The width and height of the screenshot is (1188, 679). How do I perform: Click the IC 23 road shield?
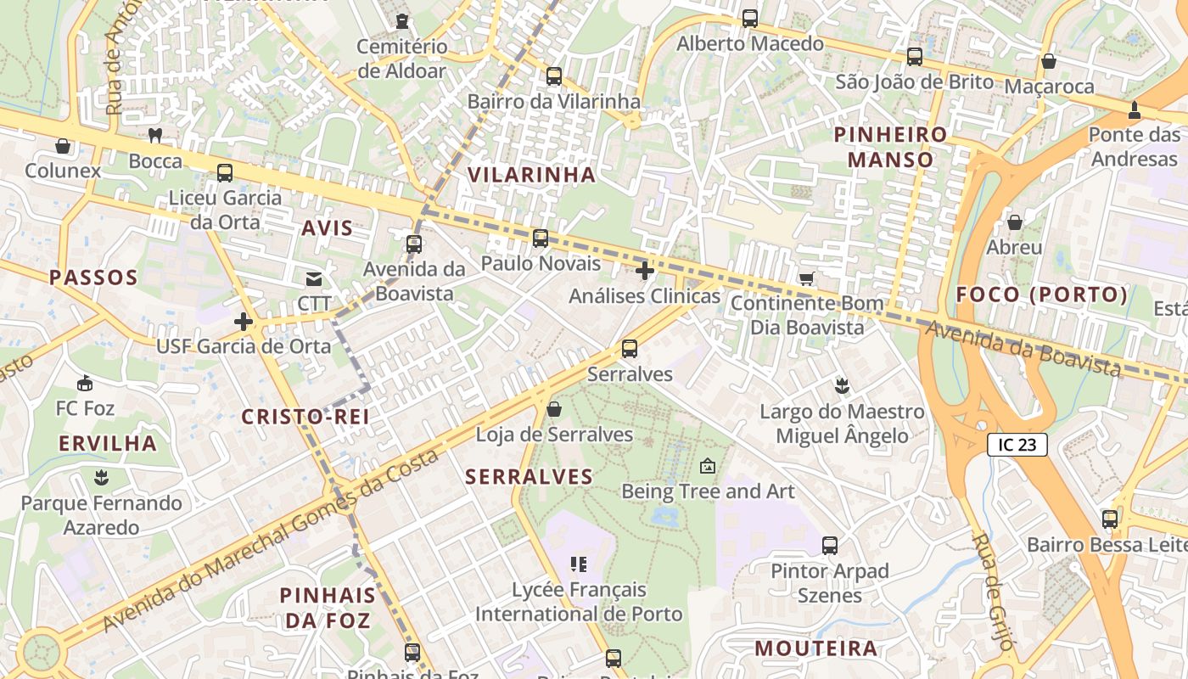pyautogui.click(x=1017, y=445)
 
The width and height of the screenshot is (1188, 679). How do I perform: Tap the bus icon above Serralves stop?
pyautogui.click(x=630, y=348)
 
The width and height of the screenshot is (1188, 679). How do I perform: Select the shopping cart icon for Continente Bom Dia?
pyautogui.click(x=806, y=278)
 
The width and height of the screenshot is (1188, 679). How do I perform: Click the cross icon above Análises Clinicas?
pyautogui.click(x=645, y=271)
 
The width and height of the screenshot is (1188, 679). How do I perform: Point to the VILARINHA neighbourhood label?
pyautogui.click(x=532, y=175)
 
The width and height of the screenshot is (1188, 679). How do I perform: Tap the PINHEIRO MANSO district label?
pyautogui.click(x=890, y=147)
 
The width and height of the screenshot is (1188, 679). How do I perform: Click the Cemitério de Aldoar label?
pyautogui.click(x=401, y=59)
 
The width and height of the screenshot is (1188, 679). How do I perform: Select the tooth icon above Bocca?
pyautogui.click(x=155, y=135)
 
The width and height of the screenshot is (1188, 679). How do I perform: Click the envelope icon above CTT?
pyautogui.click(x=314, y=278)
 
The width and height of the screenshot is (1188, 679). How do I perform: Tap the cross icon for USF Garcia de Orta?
pyautogui.click(x=244, y=322)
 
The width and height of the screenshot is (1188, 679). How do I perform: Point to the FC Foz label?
pyautogui.click(x=85, y=408)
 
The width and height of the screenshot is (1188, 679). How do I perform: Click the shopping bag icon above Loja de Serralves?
pyautogui.click(x=554, y=410)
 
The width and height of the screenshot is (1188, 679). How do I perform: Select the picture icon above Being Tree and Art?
pyautogui.click(x=708, y=466)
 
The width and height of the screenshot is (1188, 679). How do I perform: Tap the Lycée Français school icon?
pyautogui.click(x=579, y=564)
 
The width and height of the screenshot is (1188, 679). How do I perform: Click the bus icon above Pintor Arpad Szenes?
pyautogui.click(x=830, y=545)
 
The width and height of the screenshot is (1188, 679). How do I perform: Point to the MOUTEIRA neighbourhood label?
pyautogui.click(x=816, y=648)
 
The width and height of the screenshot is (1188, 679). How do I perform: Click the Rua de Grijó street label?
pyautogui.click(x=993, y=592)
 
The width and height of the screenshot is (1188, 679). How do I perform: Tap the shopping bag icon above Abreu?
pyautogui.click(x=1014, y=222)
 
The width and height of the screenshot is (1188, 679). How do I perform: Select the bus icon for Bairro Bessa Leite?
pyautogui.click(x=1109, y=519)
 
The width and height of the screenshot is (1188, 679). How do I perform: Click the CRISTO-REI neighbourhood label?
pyautogui.click(x=305, y=417)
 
